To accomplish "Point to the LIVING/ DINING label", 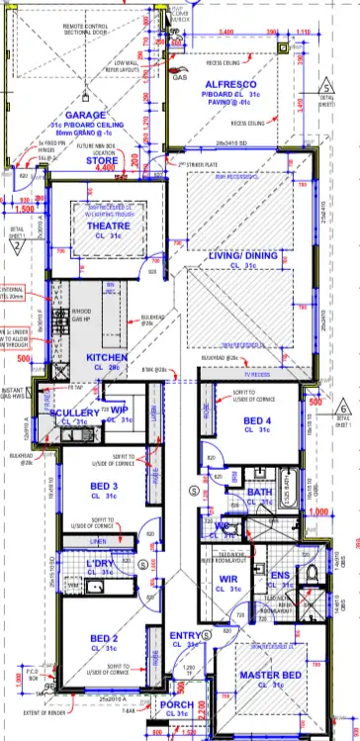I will (240, 255).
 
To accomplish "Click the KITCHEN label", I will (108, 357).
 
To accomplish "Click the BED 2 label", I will (104, 639).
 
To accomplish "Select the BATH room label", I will (260, 492).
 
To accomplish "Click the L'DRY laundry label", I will (102, 564).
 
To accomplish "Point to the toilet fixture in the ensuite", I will (310, 575).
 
